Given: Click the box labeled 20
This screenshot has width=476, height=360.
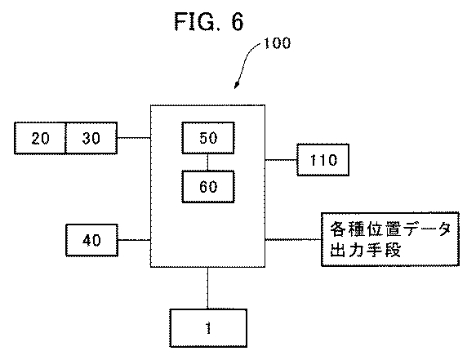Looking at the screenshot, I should [x=40, y=138].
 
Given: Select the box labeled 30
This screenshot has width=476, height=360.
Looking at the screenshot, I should [x=91, y=138].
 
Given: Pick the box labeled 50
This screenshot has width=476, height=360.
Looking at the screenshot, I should [x=207, y=138].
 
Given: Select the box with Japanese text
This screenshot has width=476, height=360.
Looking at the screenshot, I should [x=388, y=239].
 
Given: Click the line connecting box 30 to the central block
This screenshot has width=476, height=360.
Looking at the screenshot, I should [x=134, y=138].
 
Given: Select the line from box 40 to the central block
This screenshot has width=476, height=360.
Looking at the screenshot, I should [x=134, y=239].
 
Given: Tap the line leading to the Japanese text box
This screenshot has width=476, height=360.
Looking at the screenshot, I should [x=292, y=239].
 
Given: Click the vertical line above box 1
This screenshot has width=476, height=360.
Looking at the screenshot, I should [x=207, y=287].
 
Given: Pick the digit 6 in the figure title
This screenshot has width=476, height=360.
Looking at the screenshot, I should [x=236, y=20].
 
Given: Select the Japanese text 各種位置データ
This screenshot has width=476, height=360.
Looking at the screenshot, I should [x=388, y=229].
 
